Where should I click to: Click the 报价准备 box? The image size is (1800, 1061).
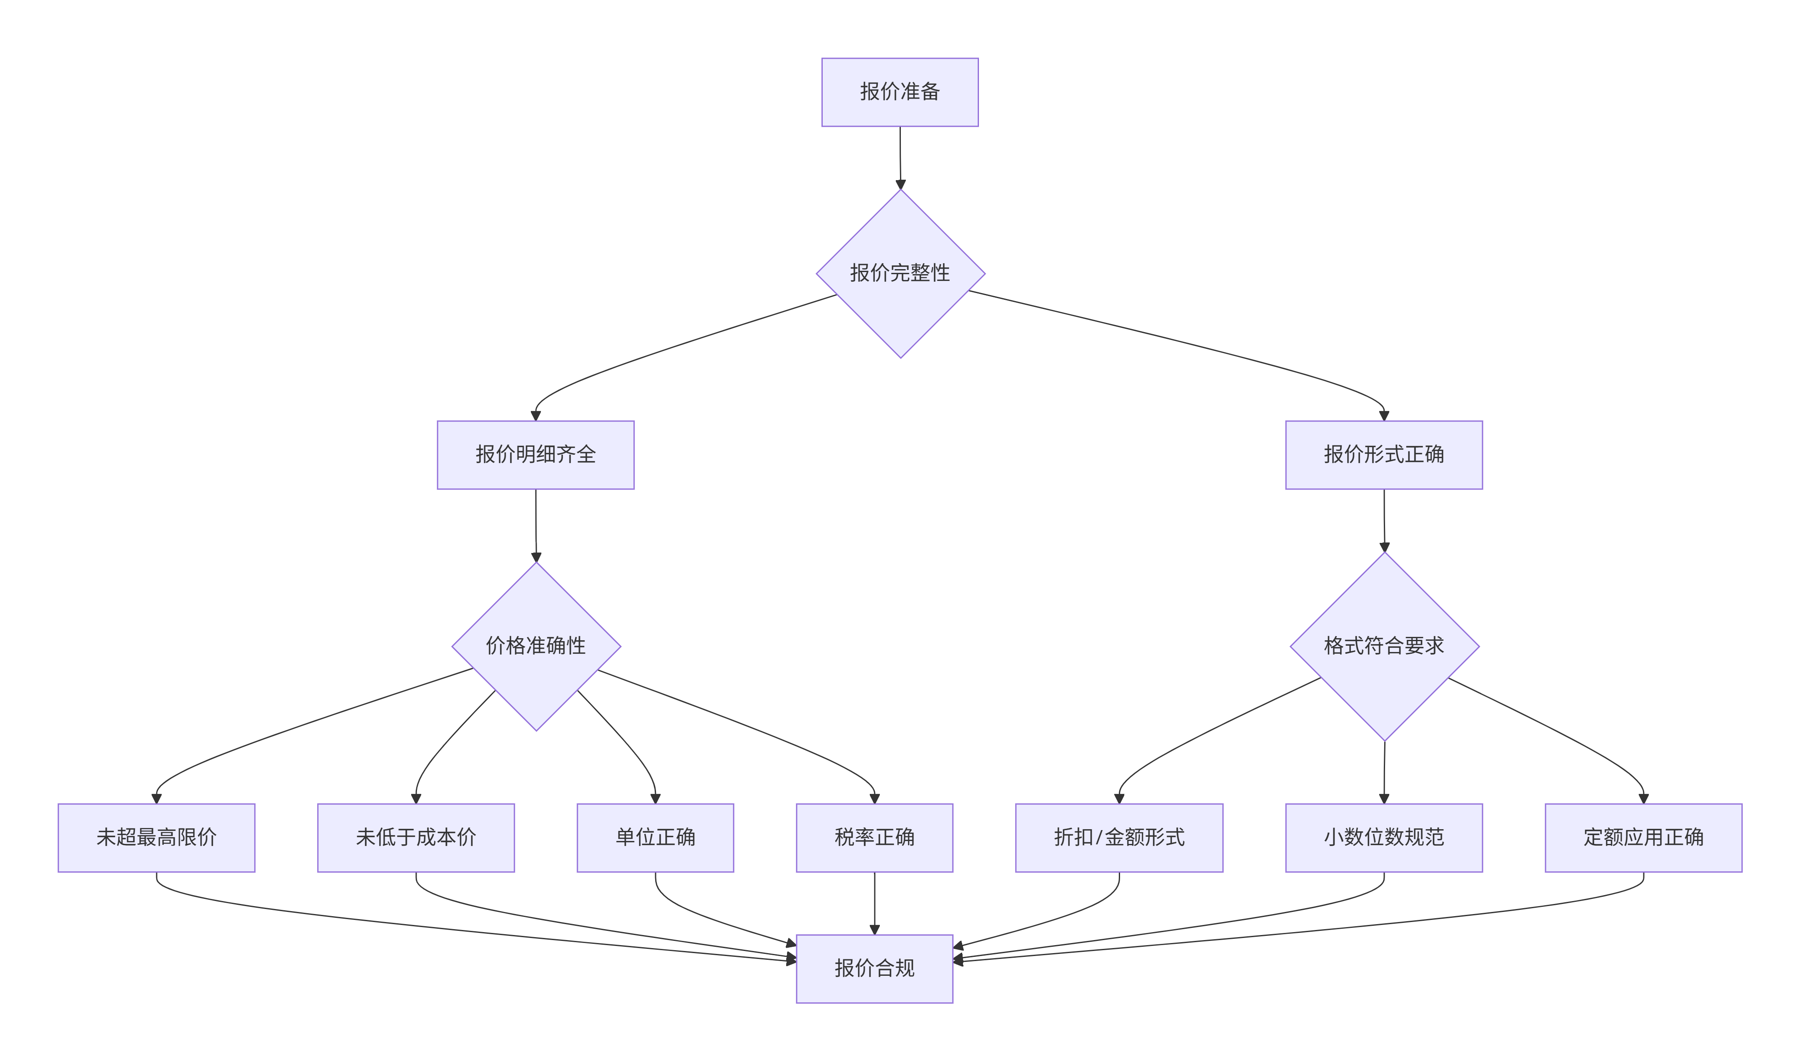(900, 92)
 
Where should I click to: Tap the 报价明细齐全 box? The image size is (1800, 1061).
(535, 455)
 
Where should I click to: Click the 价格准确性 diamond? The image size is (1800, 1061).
(535, 646)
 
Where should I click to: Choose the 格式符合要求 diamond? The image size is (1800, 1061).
(1384, 646)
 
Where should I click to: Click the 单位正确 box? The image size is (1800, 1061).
(655, 837)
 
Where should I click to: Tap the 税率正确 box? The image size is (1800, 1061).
(874, 837)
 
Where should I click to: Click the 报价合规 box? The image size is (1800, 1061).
(874, 968)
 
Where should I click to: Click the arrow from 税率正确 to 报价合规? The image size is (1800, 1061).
(874, 902)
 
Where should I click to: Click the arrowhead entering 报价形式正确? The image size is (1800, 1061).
(1384, 415)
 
